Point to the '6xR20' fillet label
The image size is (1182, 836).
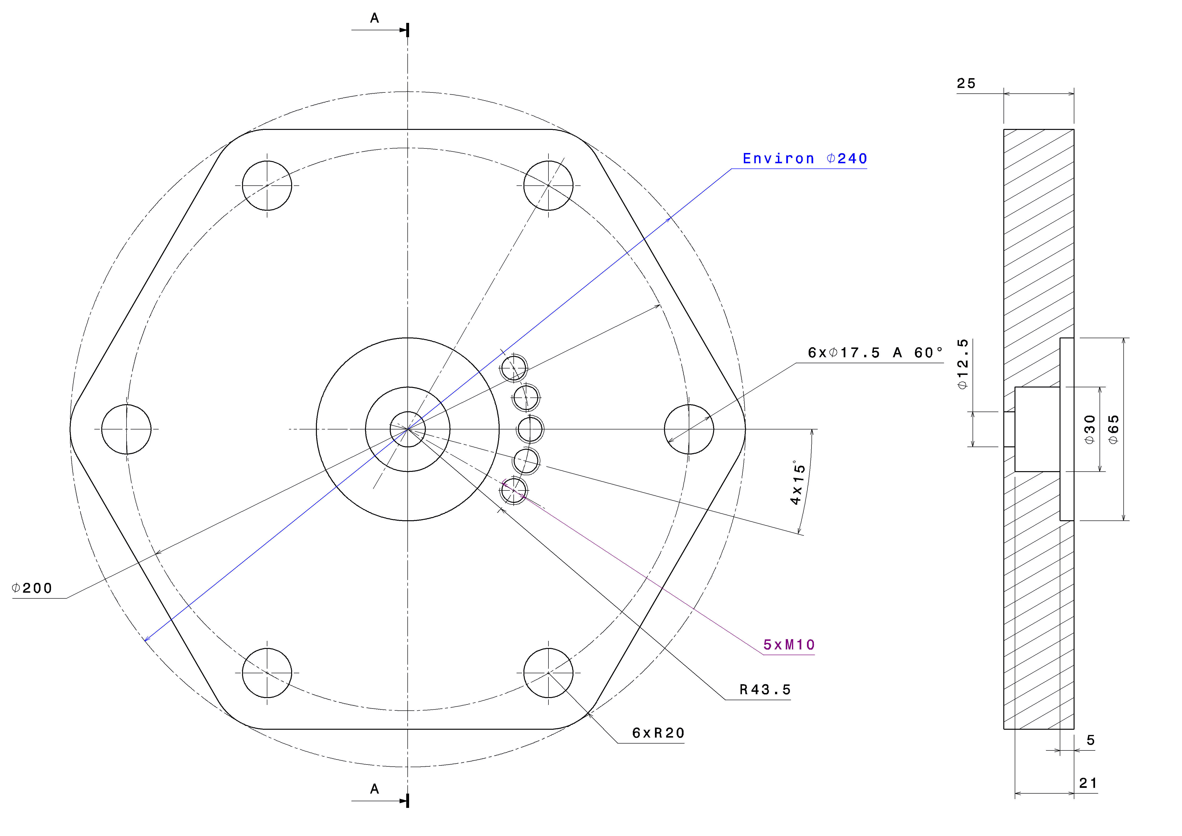click(x=658, y=733)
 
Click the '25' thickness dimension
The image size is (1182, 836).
click(x=966, y=83)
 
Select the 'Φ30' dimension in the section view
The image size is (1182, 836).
click(x=1090, y=429)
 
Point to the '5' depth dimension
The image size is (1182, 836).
click(x=1090, y=740)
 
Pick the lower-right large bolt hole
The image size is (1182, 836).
click(x=548, y=672)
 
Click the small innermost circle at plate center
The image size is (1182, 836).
click(x=408, y=429)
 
